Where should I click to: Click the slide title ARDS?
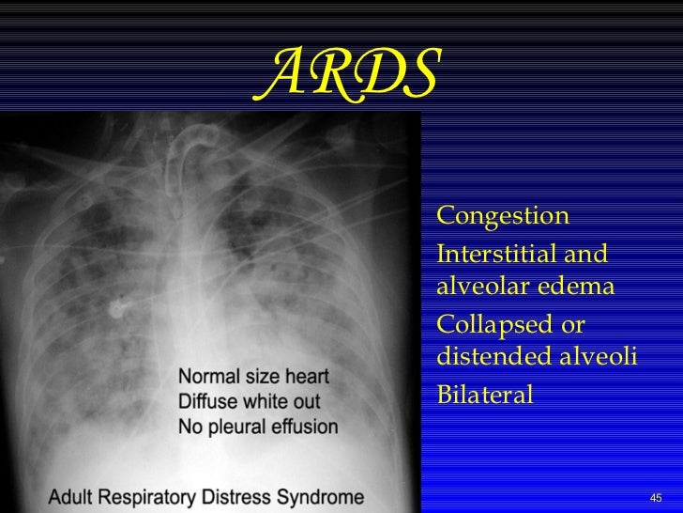coord(346,74)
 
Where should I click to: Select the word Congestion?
coord(503,216)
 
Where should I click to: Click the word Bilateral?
coord(485,395)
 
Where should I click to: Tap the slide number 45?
coord(656,497)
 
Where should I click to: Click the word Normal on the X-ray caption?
coord(208,377)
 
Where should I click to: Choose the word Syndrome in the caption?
coord(324,496)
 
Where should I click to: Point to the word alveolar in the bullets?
coord(480,286)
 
